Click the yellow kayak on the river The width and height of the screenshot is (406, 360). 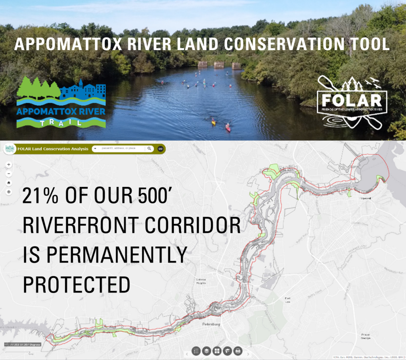tap(213, 122)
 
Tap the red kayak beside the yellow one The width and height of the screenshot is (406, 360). tap(228, 127)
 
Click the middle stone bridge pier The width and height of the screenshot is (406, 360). tap(219, 64)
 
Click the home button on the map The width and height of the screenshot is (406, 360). tap(9, 183)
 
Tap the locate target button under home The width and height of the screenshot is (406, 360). tap(9, 192)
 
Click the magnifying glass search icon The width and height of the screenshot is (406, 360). tap(149, 148)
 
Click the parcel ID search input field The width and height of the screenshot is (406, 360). tap(121, 148)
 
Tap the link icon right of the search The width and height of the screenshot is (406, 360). tap(161, 148)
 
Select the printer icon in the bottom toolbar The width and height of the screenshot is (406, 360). tap(238, 351)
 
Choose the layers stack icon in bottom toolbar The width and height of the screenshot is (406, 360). tap(207, 351)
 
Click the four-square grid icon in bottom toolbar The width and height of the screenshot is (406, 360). tap(217, 351)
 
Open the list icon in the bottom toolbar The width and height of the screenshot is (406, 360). tap(196, 351)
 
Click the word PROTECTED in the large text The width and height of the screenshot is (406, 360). tap(77, 284)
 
